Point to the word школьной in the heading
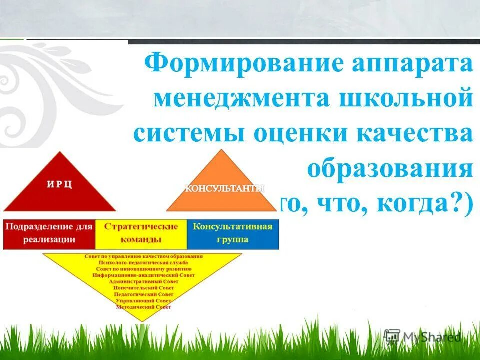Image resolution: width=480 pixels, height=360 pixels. (405, 98)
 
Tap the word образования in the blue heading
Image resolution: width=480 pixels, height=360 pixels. (390, 169)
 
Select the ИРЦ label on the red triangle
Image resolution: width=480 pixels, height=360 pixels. (60, 184)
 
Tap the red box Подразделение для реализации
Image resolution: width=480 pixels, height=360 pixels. (49, 233)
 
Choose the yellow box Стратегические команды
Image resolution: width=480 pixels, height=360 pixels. (141, 233)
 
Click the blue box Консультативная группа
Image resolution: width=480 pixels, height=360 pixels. (233, 233)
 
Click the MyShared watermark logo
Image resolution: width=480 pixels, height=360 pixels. (422, 337)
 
